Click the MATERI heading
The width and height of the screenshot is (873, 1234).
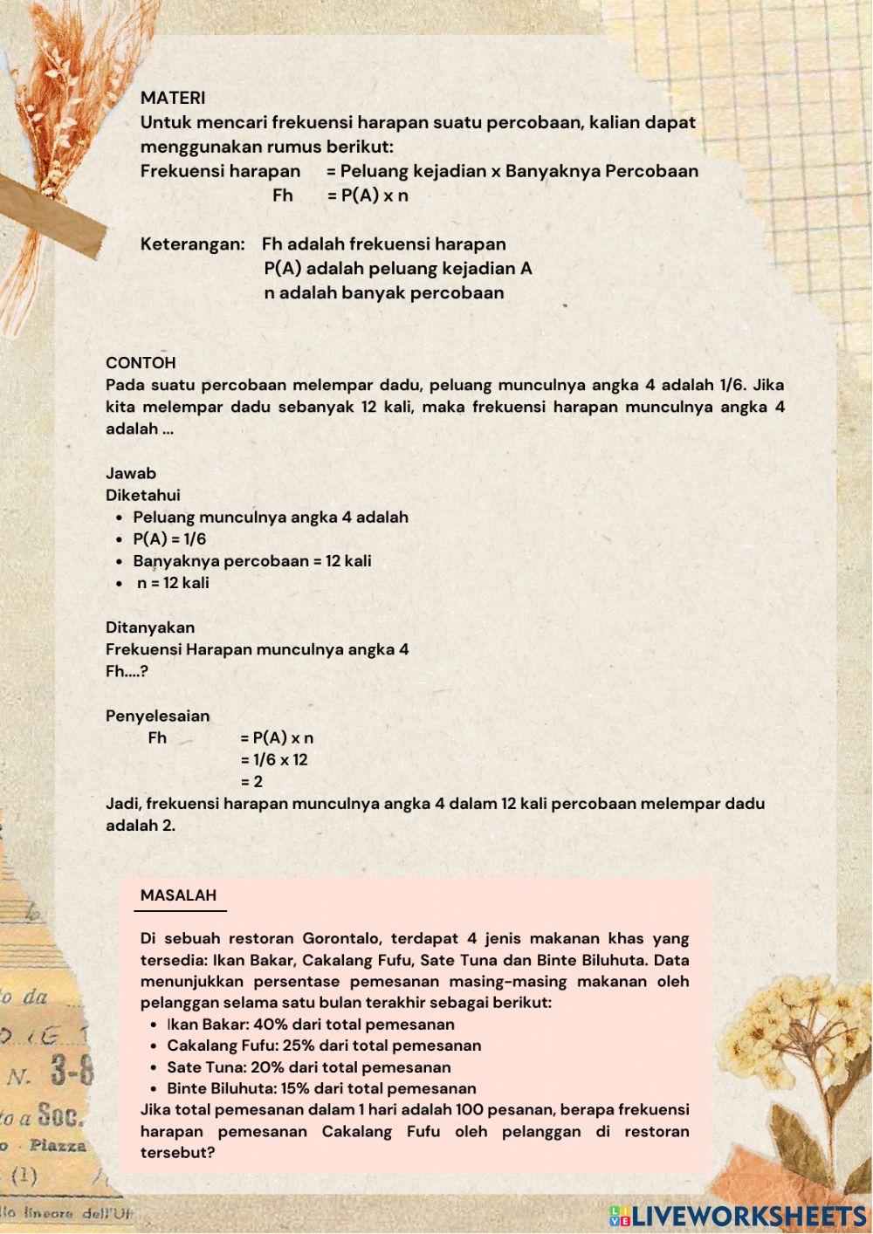(x=173, y=98)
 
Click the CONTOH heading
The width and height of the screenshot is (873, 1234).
(x=141, y=363)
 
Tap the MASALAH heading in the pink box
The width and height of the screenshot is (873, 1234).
(x=178, y=895)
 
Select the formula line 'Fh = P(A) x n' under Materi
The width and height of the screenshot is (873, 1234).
(x=340, y=195)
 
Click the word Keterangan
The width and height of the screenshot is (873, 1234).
(x=192, y=244)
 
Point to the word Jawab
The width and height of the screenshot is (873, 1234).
(x=131, y=474)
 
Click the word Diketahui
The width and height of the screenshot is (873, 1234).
(x=142, y=496)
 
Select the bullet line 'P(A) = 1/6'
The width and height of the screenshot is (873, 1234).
(x=169, y=539)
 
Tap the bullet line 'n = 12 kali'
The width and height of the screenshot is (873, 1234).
(x=173, y=583)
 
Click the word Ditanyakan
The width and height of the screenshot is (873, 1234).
(x=150, y=627)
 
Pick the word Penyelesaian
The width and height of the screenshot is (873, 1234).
(x=157, y=716)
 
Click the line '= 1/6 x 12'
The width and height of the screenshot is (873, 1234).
(x=274, y=760)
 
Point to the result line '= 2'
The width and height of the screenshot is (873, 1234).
(x=251, y=782)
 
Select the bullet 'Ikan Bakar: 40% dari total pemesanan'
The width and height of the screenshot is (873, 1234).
(x=311, y=1025)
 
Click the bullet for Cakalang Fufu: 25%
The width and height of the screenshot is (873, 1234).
(x=324, y=1045)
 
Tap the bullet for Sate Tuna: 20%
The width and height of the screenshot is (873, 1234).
(x=309, y=1067)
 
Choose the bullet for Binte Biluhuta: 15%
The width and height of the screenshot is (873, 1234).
(x=321, y=1089)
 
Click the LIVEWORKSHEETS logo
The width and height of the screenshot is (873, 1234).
(x=738, y=1216)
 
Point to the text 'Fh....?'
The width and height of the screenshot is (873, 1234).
(x=127, y=672)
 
